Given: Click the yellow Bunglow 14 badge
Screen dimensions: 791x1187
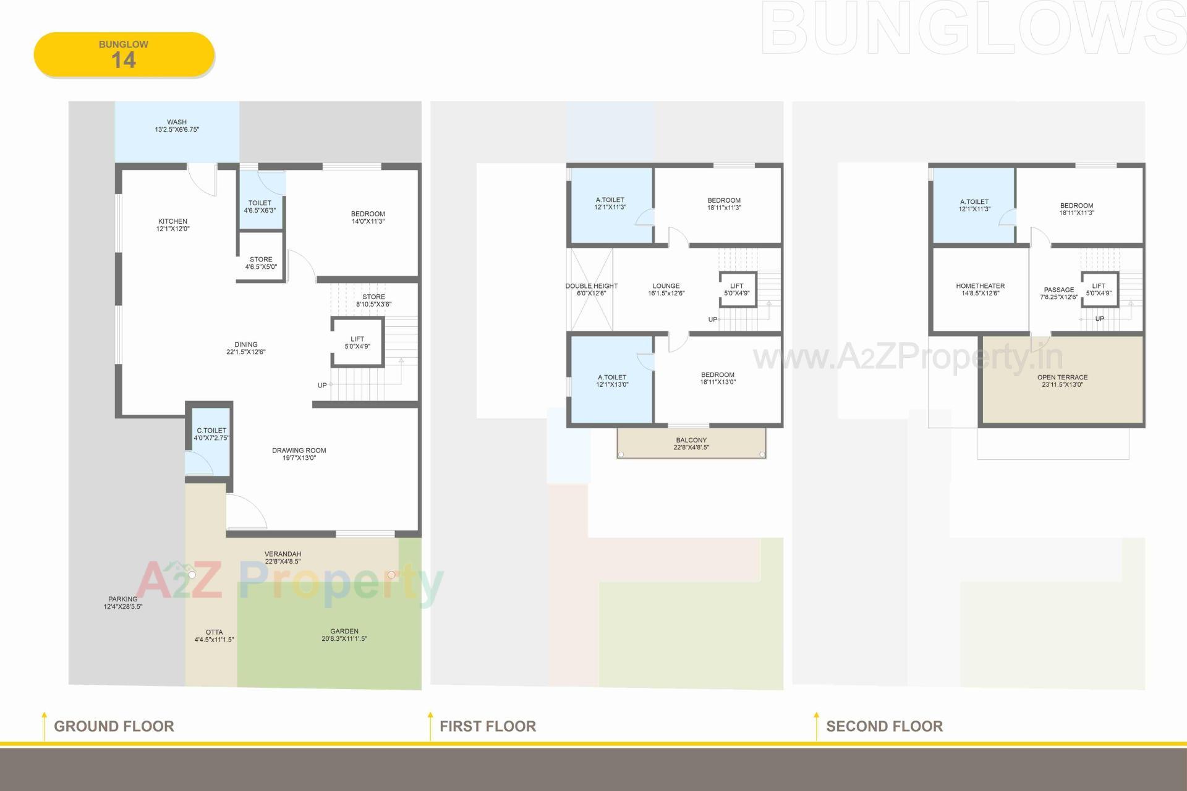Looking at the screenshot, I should (x=124, y=54).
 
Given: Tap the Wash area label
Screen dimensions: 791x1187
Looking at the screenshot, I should (x=177, y=126).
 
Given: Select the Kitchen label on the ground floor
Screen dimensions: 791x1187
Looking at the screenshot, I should (x=172, y=225).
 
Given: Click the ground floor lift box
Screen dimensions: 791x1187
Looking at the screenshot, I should (x=357, y=343).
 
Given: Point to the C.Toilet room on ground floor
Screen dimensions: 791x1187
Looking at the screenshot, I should (x=211, y=434).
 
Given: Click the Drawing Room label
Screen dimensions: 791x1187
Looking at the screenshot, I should (x=299, y=454).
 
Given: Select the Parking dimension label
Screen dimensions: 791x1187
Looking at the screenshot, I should (x=123, y=603).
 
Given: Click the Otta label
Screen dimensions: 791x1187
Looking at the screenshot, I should (x=214, y=636).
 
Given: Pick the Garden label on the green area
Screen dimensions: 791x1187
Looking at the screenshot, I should (x=344, y=635).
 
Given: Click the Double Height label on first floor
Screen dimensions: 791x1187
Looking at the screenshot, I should (x=591, y=290).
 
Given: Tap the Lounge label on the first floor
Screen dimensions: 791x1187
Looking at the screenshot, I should (x=666, y=290).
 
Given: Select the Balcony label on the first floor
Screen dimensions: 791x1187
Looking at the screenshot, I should (x=691, y=444).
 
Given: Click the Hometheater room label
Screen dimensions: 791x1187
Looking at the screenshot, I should (x=980, y=290).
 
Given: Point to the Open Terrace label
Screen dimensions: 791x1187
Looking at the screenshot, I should (x=1062, y=381).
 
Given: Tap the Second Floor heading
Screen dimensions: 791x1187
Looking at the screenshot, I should (x=884, y=726).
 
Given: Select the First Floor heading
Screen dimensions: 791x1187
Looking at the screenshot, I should (x=487, y=726).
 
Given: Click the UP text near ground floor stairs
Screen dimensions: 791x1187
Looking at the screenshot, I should (x=322, y=386).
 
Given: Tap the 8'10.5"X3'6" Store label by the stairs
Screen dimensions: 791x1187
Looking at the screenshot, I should (x=373, y=300).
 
